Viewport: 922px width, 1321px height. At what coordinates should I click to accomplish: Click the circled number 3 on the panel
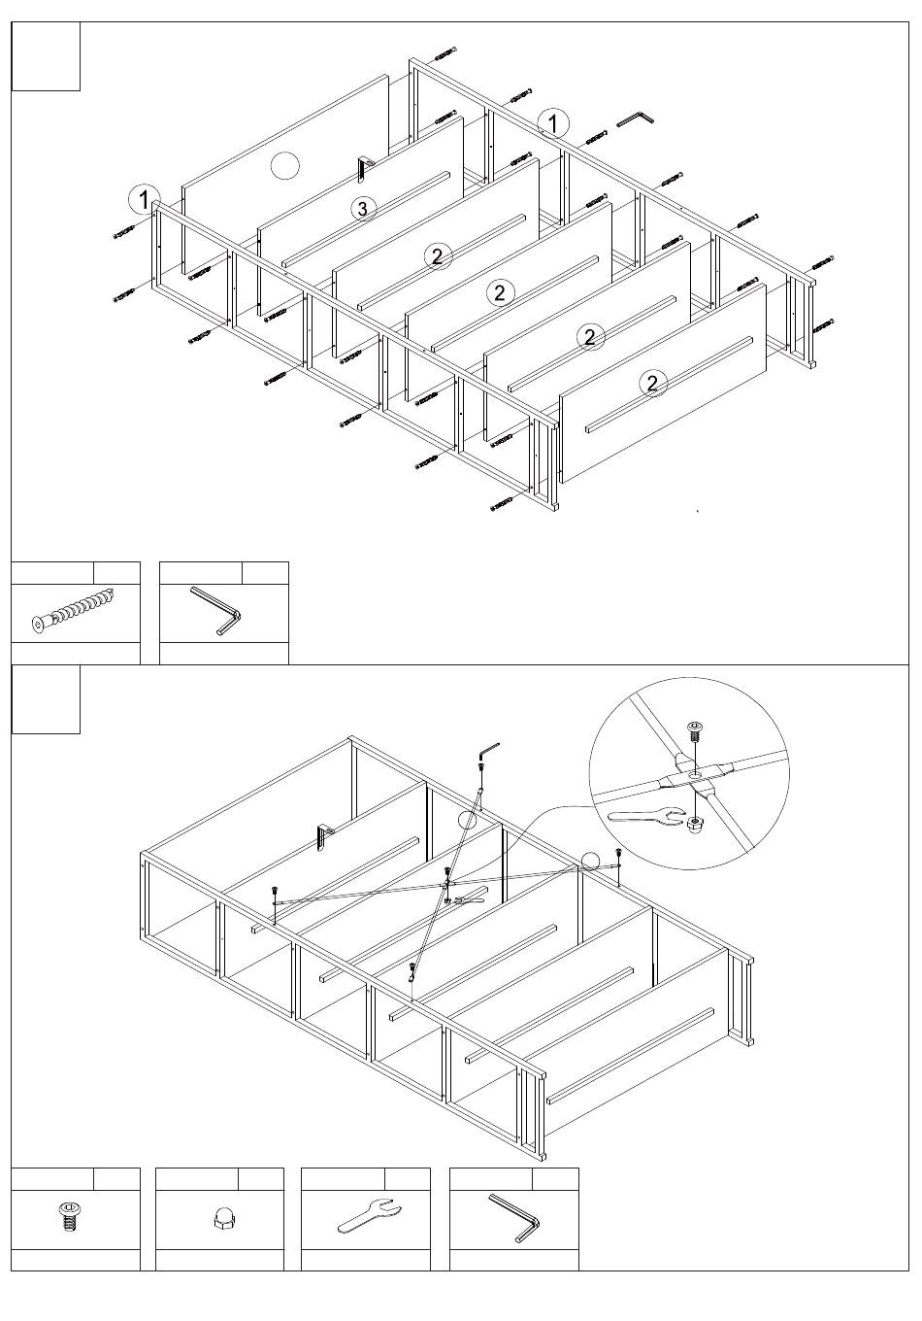point(362,208)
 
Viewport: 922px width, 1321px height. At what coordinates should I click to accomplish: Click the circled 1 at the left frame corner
point(144,200)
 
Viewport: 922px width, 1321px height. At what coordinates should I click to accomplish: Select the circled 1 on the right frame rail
point(553,123)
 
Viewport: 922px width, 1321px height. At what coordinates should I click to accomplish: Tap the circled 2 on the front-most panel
point(653,383)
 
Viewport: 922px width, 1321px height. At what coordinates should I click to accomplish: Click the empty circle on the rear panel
point(284,166)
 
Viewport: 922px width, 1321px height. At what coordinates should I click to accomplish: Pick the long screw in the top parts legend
point(73,612)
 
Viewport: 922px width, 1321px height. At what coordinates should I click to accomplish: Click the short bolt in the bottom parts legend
point(68,1215)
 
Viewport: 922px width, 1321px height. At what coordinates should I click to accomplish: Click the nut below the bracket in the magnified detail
point(695,825)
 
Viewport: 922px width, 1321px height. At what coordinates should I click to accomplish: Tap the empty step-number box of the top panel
point(46,56)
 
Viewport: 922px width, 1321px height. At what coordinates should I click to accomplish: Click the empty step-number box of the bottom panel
point(46,699)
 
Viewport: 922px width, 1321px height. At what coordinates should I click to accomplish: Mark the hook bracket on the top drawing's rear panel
point(363,167)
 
